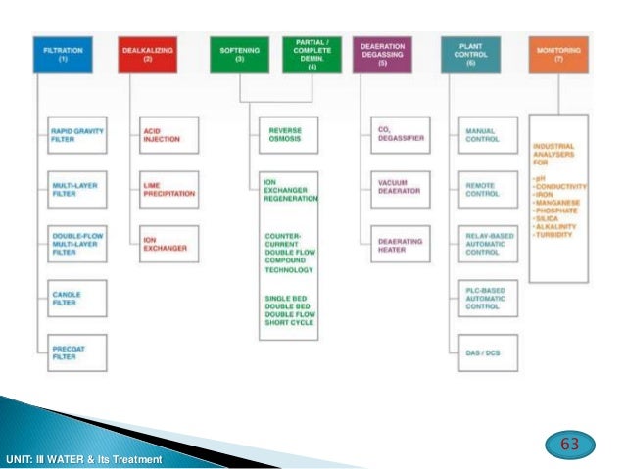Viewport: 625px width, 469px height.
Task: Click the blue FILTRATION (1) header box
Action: [x=63, y=53]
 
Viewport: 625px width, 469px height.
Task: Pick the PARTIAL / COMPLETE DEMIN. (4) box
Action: [x=312, y=53]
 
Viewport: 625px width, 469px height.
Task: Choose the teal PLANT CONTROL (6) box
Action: [x=471, y=53]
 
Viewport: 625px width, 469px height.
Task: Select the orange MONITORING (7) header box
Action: [x=559, y=53]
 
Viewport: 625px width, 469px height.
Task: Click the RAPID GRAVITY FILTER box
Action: [x=76, y=136]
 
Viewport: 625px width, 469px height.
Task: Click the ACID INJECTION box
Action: [x=168, y=135]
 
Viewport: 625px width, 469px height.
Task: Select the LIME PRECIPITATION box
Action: [x=168, y=188]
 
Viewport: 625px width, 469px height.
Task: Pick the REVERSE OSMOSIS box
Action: [x=287, y=135]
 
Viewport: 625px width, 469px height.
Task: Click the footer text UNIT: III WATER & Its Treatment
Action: [x=83, y=459]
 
